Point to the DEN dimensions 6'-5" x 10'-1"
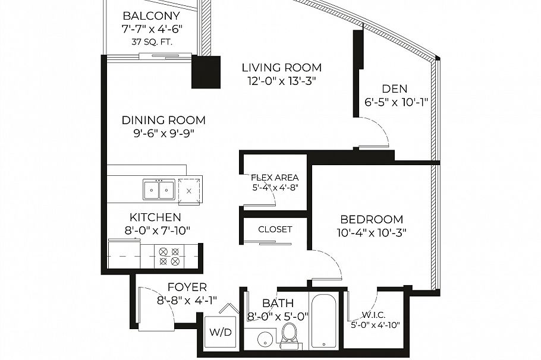[396, 102]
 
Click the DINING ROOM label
[163, 120]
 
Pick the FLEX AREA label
[274, 178]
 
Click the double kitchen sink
[159, 190]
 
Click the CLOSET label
[275, 229]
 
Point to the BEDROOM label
[372, 219]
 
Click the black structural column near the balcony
[206, 72]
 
